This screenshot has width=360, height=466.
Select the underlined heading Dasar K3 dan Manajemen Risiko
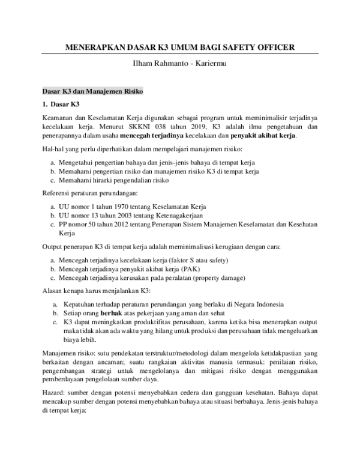tap(91, 92)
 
